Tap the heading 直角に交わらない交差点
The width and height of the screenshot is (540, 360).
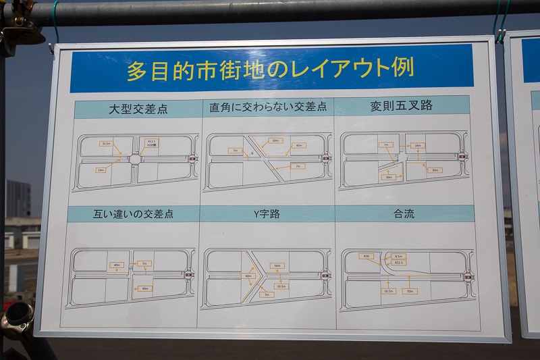click(x=267, y=107)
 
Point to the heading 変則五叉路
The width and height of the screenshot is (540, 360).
click(x=401, y=105)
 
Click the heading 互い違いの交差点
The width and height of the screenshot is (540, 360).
click(x=133, y=214)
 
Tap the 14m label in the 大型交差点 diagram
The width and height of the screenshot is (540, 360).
click(x=101, y=170)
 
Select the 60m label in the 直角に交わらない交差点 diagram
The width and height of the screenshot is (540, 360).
click(x=275, y=140)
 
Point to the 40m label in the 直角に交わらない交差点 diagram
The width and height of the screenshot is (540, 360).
click(x=298, y=145)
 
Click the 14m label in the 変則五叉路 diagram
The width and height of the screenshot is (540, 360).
click(x=418, y=145)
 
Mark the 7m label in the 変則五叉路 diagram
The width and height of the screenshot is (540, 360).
click(x=385, y=145)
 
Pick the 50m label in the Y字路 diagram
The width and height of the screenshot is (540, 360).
click(x=277, y=265)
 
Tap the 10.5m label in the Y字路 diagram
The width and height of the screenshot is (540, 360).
click(x=281, y=286)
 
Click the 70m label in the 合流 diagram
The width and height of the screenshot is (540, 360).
click(x=409, y=291)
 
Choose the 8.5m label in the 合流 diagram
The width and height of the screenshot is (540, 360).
click(x=398, y=257)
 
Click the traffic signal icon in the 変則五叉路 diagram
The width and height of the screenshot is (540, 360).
click(x=462, y=157)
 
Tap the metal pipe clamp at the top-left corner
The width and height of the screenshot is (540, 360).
click(x=15, y=27)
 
